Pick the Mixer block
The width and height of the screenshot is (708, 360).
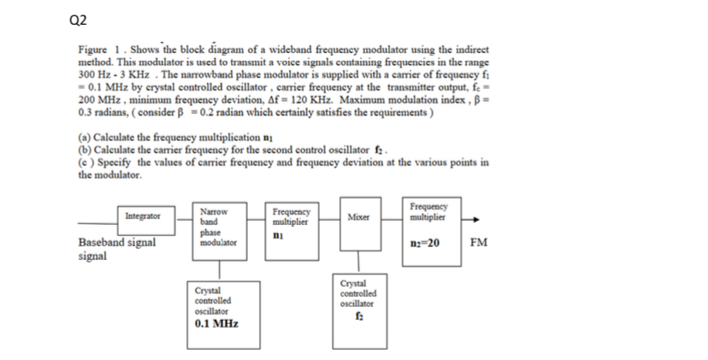point(358,217)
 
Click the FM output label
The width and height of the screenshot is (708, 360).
point(478,242)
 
